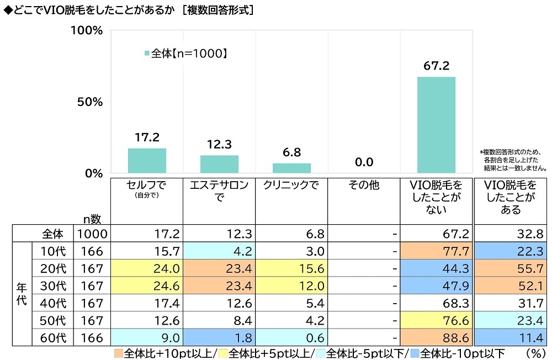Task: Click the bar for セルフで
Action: pos(147,161)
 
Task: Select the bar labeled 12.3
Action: pos(219,164)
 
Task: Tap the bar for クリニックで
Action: pos(291,168)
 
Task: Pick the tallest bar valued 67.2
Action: pos(436,125)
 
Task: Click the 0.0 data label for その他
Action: pos(364,162)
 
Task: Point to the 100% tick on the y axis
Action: pos(88,30)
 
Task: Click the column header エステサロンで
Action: pos(219,191)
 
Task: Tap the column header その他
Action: pos(364,186)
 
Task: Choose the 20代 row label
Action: pos(54,268)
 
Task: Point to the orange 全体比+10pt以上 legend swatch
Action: pos(119,353)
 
